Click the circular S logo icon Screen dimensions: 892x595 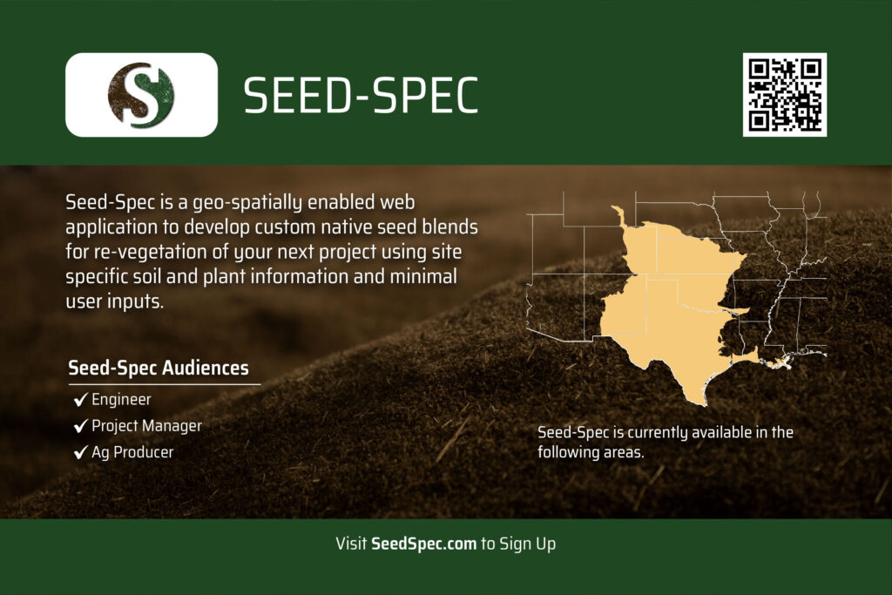[x=141, y=94]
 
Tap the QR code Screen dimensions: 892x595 [x=785, y=94]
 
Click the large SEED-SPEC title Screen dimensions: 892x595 [x=361, y=96]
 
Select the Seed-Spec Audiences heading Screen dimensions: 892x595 [x=159, y=368]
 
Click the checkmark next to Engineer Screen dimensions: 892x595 [x=80, y=400]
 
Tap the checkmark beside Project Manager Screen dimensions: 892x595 [x=80, y=426]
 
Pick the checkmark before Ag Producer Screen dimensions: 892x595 [x=80, y=453]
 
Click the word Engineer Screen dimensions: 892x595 [x=121, y=400]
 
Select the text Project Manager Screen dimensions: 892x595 [x=146, y=426]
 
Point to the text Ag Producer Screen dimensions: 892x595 [x=132, y=453]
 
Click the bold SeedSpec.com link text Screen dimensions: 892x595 [x=423, y=544]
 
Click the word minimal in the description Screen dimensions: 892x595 [x=422, y=276]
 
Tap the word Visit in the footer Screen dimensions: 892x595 [x=351, y=544]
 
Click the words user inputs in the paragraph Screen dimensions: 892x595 [x=114, y=301]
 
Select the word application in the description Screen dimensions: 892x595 [x=111, y=227]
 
